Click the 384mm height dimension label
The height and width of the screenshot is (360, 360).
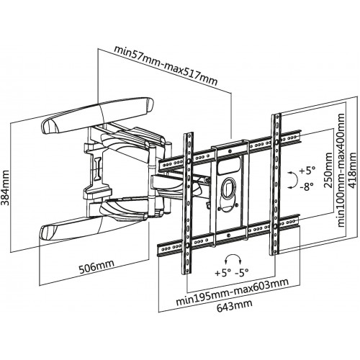coord(5,188)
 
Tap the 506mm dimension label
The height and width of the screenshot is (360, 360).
coord(96,266)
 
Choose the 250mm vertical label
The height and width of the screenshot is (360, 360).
coord(328,170)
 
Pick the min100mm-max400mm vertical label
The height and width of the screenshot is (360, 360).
coord(341,170)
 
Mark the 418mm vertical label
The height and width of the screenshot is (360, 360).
coord(352,170)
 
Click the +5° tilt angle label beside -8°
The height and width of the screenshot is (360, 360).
coord(307,171)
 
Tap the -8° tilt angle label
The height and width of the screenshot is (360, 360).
coord(307,186)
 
